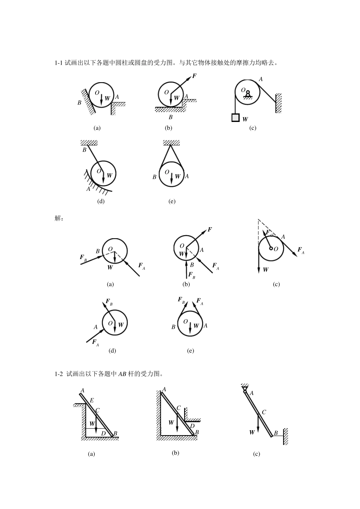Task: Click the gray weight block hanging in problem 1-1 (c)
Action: point(235,117)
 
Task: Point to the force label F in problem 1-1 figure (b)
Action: point(194,76)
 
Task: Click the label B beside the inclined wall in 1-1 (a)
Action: point(79,103)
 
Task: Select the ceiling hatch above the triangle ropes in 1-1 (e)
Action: point(171,143)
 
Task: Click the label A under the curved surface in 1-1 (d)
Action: point(88,189)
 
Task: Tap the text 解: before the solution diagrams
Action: point(59,219)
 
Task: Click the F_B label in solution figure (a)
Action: point(83,258)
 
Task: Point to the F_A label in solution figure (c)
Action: point(301,250)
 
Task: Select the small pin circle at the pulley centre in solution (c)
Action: point(271,248)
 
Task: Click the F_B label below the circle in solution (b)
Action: point(192,275)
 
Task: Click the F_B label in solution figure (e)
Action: point(181,300)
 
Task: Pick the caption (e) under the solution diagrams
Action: point(191,351)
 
